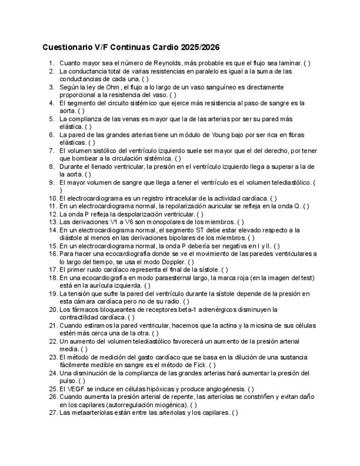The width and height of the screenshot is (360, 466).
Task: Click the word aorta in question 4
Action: point(68,110)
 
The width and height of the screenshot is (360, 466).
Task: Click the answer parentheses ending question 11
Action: point(306,206)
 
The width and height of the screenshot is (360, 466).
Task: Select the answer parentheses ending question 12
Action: point(200,214)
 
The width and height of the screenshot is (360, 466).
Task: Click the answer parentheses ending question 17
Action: point(225,270)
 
